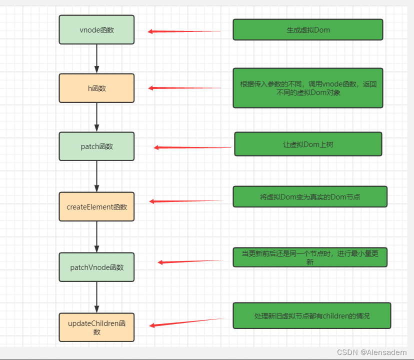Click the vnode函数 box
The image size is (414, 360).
(x=96, y=29)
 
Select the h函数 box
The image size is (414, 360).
(x=96, y=88)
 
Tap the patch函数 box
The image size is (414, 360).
(x=96, y=146)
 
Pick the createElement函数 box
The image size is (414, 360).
(x=96, y=206)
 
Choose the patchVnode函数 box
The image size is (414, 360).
(x=96, y=267)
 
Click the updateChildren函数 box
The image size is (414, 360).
(x=96, y=327)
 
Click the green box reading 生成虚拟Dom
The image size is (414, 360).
(x=307, y=29)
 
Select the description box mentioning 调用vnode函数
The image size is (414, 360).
(x=307, y=88)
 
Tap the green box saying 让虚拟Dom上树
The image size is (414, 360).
(x=307, y=144)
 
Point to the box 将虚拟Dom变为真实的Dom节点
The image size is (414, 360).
(x=309, y=196)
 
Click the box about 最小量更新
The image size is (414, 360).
(x=309, y=257)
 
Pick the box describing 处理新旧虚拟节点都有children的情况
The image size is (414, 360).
(x=311, y=315)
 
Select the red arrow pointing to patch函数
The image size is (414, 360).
(x=192, y=147)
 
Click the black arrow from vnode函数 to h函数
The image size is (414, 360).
(x=96, y=58)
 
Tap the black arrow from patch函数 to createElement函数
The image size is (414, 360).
(x=96, y=176)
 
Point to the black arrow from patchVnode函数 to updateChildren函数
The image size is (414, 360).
(x=96, y=297)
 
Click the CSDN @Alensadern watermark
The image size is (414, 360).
(x=371, y=352)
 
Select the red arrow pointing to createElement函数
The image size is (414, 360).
(x=186, y=201)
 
